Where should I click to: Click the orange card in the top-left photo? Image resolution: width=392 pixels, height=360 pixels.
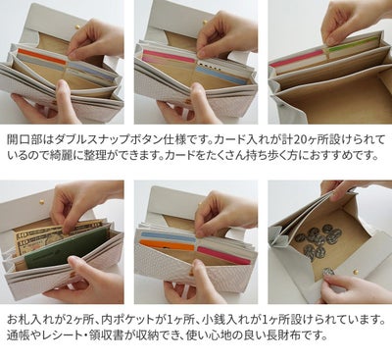click(42, 56)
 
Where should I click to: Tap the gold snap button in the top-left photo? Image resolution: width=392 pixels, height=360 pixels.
click(77, 26)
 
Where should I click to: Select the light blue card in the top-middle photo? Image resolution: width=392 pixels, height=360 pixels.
click(221, 76)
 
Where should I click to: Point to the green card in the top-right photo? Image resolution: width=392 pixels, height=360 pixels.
click(352, 45)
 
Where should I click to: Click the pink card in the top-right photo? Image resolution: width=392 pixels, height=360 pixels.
click(297, 58)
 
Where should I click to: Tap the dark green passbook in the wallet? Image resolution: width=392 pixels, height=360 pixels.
click(67, 246)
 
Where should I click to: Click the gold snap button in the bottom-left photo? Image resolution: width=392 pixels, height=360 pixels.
click(41, 202)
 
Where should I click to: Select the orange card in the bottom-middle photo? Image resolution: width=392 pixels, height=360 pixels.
click(167, 245)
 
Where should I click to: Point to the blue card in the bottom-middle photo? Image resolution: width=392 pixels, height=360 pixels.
click(169, 236)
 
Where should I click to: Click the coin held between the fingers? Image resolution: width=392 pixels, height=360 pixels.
click(328, 272)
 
